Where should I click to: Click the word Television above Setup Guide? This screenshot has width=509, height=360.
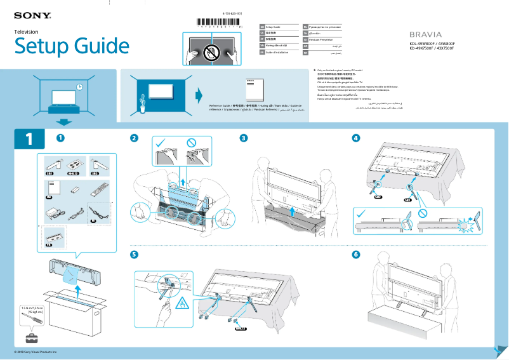coord(27,31)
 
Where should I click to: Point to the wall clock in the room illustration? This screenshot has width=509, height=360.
coord(79,87)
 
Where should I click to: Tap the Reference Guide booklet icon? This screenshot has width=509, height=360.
coord(253,89)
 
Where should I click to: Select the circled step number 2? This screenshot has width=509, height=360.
coord(134,138)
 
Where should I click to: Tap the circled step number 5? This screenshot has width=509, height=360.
coord(134,255)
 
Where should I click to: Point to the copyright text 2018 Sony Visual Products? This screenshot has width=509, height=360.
coord(36,351)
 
